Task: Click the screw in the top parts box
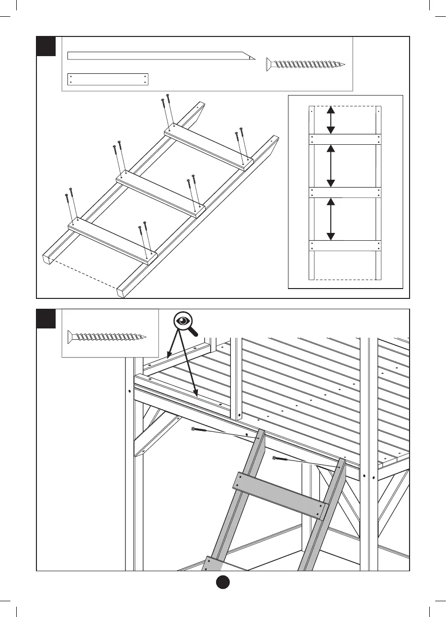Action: click(x=306, y=64)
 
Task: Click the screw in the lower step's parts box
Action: click(x=107, y=337)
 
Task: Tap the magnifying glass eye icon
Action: click(x=185, y=321)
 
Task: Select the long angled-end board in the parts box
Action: click(x=160, y=55)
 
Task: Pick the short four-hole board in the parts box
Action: click(x=107, y=79)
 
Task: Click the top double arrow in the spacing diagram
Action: click(x=331, y=120)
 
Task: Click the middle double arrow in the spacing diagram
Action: click(x=331, y=166)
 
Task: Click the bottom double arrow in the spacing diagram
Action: click(x=331, y=219)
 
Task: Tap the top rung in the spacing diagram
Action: click(x=345, y=139)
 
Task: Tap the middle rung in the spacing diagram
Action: click(x=345, y=192)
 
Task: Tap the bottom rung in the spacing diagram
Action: click(x=345, y=245)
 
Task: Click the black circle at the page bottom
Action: click(x=223, y=582)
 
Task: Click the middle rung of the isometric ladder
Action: click(x=160, y=193)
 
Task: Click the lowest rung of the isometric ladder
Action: click(x=112, y=239)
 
